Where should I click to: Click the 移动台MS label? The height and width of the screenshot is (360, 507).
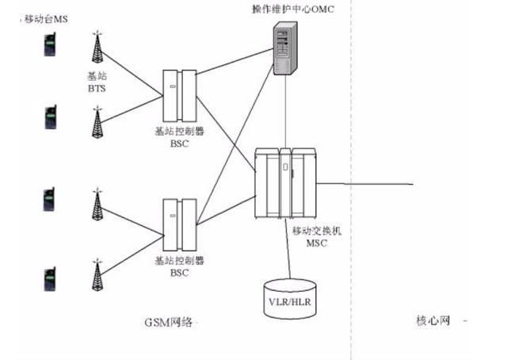tap(46, 19)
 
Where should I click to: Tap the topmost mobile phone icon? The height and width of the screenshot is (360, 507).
tap(50, 44)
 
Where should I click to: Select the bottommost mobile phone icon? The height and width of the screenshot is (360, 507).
tap(50, 279)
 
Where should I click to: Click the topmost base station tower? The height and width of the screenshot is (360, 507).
tap(97, 46)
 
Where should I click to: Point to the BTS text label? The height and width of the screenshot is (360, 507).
tap(97, 88)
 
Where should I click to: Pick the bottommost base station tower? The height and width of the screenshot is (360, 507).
tap(97, 274)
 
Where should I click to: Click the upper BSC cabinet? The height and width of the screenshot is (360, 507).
tap(180, 96)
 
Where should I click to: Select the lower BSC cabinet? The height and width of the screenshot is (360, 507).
tap(180, 225)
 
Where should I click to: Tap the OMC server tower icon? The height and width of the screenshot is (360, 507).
tap(285, 48)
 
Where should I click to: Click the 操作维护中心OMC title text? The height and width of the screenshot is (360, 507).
tap(293, 9)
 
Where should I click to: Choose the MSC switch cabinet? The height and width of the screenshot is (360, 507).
tap(285, 183)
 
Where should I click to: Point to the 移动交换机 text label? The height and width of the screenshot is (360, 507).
tap(317, 231)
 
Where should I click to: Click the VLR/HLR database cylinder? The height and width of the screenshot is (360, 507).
tap(290, 299)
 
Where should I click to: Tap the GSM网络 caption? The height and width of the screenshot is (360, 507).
tap(168, 322)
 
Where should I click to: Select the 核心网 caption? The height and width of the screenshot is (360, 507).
tap(433, 320)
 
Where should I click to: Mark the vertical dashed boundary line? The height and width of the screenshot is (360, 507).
tap(351, 180)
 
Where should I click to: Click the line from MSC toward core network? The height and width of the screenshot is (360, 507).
tap(364, 184)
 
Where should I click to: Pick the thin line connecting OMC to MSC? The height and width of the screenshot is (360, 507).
tap(285, 112)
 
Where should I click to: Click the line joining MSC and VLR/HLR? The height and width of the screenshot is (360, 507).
tap(288, 249)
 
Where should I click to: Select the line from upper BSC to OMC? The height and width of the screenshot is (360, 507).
tap(235, 62)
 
